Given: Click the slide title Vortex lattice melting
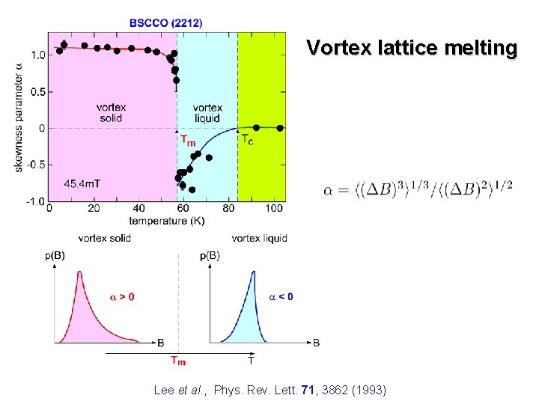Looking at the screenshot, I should point(412,49).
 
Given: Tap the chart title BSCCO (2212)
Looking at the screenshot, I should point(165,23).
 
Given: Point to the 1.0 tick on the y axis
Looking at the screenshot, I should point(37,55).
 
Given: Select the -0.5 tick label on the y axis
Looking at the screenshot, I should point(35,165).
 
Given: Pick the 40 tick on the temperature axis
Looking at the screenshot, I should point(139,209).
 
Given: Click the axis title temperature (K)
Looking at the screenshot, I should point(166,221).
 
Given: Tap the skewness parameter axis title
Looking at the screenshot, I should point(19,116).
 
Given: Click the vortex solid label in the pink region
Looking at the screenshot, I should point(112,112).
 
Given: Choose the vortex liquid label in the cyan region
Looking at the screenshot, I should point(207,112).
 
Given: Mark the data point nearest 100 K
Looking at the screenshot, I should point(280,128).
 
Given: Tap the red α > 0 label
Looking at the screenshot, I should point(122,296).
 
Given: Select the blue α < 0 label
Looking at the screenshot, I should point(281,296).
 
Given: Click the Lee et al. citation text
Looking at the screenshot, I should point(269,389).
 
